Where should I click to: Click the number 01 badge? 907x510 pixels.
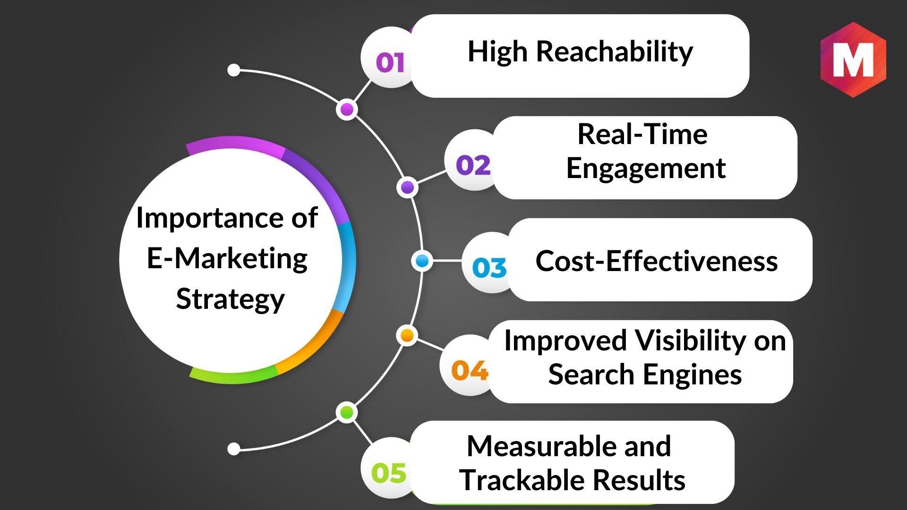[390, 62]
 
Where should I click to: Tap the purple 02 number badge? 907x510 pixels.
[473, 165]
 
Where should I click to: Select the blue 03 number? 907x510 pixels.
[489, 268]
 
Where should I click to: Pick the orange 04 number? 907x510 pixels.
[470, 370]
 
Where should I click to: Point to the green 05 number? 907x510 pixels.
[389, 473]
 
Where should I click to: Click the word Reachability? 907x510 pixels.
[615, 51]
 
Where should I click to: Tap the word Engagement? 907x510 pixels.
[646, 169]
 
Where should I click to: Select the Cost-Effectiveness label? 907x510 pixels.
[657, 261]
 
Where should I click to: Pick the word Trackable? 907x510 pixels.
[523, 480]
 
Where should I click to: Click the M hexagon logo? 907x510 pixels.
[853, 59]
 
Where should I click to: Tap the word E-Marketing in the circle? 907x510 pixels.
[227, 258]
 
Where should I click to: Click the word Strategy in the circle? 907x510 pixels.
[231, 299]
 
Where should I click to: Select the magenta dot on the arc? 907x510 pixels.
[347, 110]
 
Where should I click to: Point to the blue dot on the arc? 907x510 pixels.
[422, 261]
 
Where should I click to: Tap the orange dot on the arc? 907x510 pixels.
[407, 336]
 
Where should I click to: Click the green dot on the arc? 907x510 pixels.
[347, 412]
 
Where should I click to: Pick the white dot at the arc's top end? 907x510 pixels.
[234, 70]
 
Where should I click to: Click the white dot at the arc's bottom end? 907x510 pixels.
[234, 449]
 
